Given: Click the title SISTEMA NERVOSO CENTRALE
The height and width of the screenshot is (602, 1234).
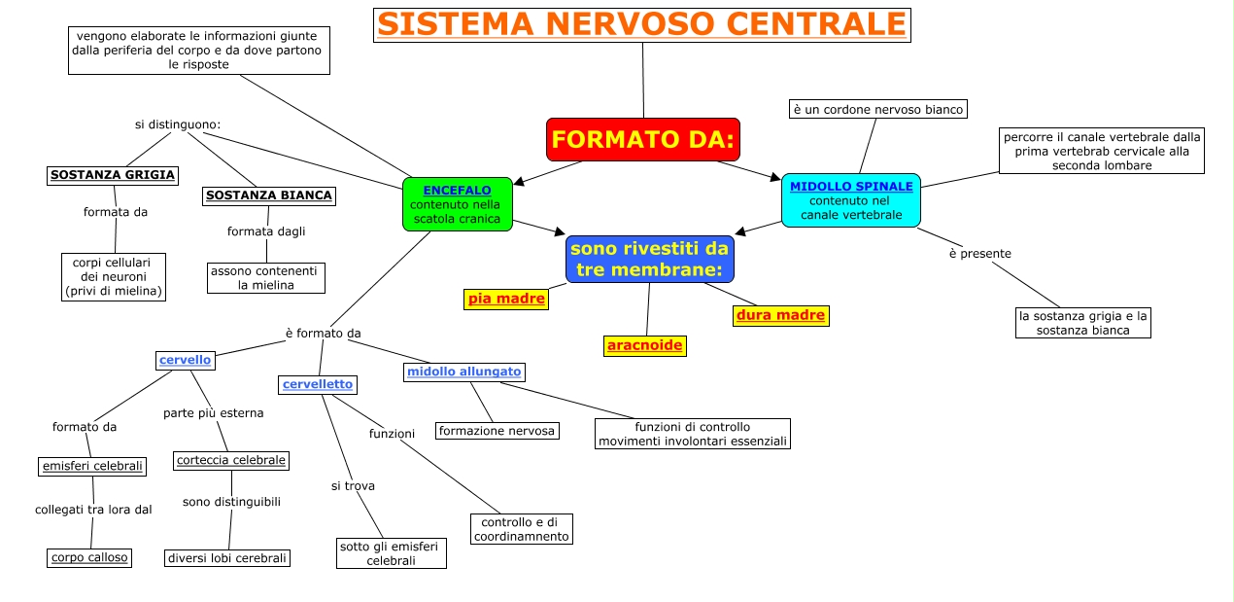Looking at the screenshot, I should pos(641,24).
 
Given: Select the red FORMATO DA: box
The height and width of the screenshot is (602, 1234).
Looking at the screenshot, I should pos(643,139).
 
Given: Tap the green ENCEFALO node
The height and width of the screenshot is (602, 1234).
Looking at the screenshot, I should pos(458,204).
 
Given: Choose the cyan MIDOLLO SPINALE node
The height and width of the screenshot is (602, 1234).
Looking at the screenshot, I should pos(851,200).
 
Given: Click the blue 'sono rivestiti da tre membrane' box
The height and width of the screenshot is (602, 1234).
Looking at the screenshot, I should pos(649,259).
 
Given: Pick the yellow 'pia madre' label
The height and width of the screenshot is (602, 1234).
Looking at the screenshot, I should pos(506,299).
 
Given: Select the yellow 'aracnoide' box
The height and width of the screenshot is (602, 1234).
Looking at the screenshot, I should pos(644,345).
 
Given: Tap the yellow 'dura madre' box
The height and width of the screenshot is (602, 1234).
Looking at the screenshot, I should pos(780,315).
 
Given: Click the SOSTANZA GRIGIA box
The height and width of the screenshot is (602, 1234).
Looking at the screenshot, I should pos(113,175).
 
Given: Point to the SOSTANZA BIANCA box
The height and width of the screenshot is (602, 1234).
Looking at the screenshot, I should pos(269,195).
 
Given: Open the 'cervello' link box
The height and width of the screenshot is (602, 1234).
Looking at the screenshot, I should pos(186,360).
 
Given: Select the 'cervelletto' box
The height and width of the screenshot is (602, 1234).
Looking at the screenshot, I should pos(318,384).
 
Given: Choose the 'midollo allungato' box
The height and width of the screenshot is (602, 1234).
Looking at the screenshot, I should pos(464,372).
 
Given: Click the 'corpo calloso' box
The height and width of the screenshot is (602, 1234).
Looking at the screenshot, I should pos(89,557).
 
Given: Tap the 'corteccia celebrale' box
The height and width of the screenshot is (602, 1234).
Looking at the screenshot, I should pos(231,460).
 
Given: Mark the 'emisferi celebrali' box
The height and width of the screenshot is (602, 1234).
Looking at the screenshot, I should pos(93,466).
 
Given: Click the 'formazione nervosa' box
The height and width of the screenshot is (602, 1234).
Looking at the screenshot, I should pos(497,430).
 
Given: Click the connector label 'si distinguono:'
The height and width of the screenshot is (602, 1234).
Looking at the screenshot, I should pos(178,124).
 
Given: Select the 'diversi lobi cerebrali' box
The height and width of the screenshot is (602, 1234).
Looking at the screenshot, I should pos(227,557).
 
